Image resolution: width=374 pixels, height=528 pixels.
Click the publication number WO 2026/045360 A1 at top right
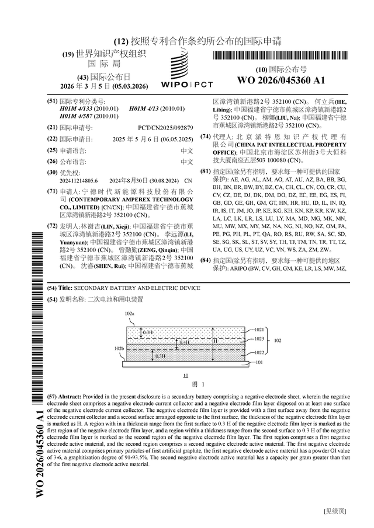[280, 80]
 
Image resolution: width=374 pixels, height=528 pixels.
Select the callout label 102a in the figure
[130, 314]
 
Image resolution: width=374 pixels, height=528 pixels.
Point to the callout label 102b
[119, 348]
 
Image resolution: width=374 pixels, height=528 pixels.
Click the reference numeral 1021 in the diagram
[259, 329]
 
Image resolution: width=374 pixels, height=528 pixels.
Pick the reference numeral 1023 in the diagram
[259, 338]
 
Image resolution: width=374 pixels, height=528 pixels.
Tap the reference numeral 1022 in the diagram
[259, 352]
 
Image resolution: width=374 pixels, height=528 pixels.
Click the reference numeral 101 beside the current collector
[258, 362]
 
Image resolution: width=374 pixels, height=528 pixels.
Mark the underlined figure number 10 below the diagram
[185, 376]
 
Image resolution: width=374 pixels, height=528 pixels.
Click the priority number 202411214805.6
[79, 181]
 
